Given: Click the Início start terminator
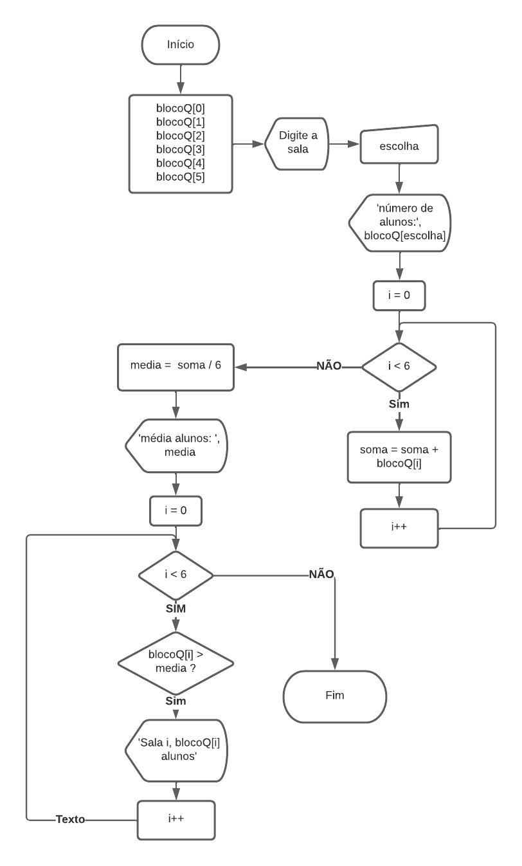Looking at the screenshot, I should (x=180, y=46).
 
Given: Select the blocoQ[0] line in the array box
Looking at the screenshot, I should (x=180, y=109).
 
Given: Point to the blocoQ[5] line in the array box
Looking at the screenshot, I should (x=180, y=177).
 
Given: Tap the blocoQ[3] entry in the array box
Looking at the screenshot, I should (x=180, y=150).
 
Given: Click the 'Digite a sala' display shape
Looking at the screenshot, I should (x=298, y=143).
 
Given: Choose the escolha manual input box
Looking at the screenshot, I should (x=399, y=146).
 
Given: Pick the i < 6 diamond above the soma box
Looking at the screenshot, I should (x=399, y=367).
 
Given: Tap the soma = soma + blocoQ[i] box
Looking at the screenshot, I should (x=399, y=457).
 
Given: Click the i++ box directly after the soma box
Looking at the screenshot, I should (x=399, y=528).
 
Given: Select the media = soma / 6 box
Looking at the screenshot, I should (x=175, y=366).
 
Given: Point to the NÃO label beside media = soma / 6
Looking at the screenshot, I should (x=328, y=366).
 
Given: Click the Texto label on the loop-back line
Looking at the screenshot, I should (x=71, y=820).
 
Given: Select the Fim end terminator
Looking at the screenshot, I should (x=335, y=696).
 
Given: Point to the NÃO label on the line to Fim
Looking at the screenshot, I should (x=321, y=574).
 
